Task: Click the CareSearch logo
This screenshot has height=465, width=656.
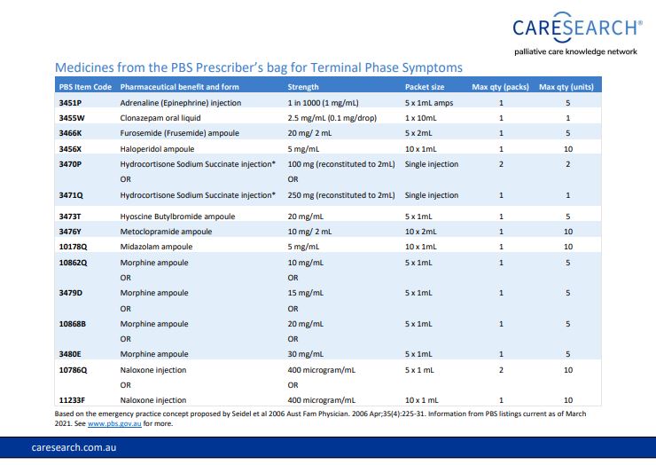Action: pos(577,34)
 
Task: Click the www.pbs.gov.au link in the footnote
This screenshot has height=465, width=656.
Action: pos(114,423)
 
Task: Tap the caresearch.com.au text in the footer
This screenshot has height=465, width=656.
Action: pos(74,447)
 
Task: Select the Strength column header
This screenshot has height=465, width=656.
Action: pos(303,87)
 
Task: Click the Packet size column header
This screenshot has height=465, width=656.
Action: pos(425,87)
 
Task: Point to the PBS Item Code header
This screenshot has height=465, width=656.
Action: pos(85,87)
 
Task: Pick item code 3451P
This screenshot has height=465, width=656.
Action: pos(70,103)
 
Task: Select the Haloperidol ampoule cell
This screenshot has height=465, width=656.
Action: pos(157,149)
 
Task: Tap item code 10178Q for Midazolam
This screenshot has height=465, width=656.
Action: pos(73,247)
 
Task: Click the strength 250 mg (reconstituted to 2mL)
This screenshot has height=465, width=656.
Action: pos(341,195)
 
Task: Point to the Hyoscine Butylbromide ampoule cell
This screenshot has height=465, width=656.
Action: pos(177,217)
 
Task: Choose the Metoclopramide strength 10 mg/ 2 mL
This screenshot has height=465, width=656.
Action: pos(309,232)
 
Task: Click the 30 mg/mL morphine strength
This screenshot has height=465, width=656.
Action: pos(306,354)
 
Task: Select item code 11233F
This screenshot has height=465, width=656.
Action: pos(72,400)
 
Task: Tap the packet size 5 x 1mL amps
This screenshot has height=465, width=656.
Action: pos(429,103)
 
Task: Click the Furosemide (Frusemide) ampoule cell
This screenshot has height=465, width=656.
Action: pos(179,133)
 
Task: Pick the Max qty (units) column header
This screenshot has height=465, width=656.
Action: pos(566,87)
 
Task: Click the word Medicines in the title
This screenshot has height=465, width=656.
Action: pos(84,67)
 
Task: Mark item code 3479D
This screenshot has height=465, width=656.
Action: pos(70,293)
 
